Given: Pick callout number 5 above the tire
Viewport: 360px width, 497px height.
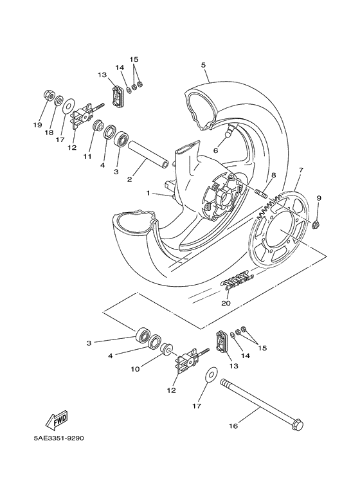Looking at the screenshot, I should (203, 65).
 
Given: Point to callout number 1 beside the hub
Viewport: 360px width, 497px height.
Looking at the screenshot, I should (148, 193).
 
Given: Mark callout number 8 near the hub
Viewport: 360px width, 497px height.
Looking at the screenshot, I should (273, 175).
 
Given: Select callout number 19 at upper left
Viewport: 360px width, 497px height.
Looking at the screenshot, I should (37, 124).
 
